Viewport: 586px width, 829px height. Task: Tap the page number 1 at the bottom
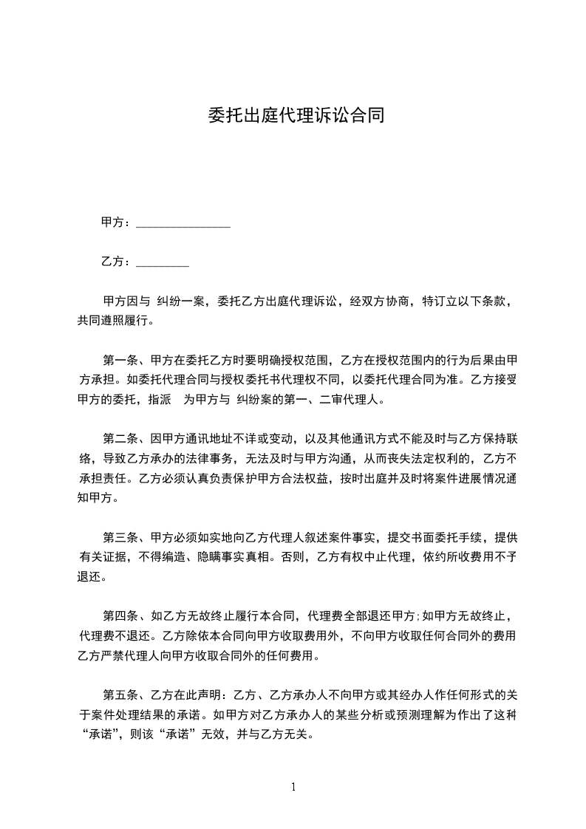click(x=293, y=787)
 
